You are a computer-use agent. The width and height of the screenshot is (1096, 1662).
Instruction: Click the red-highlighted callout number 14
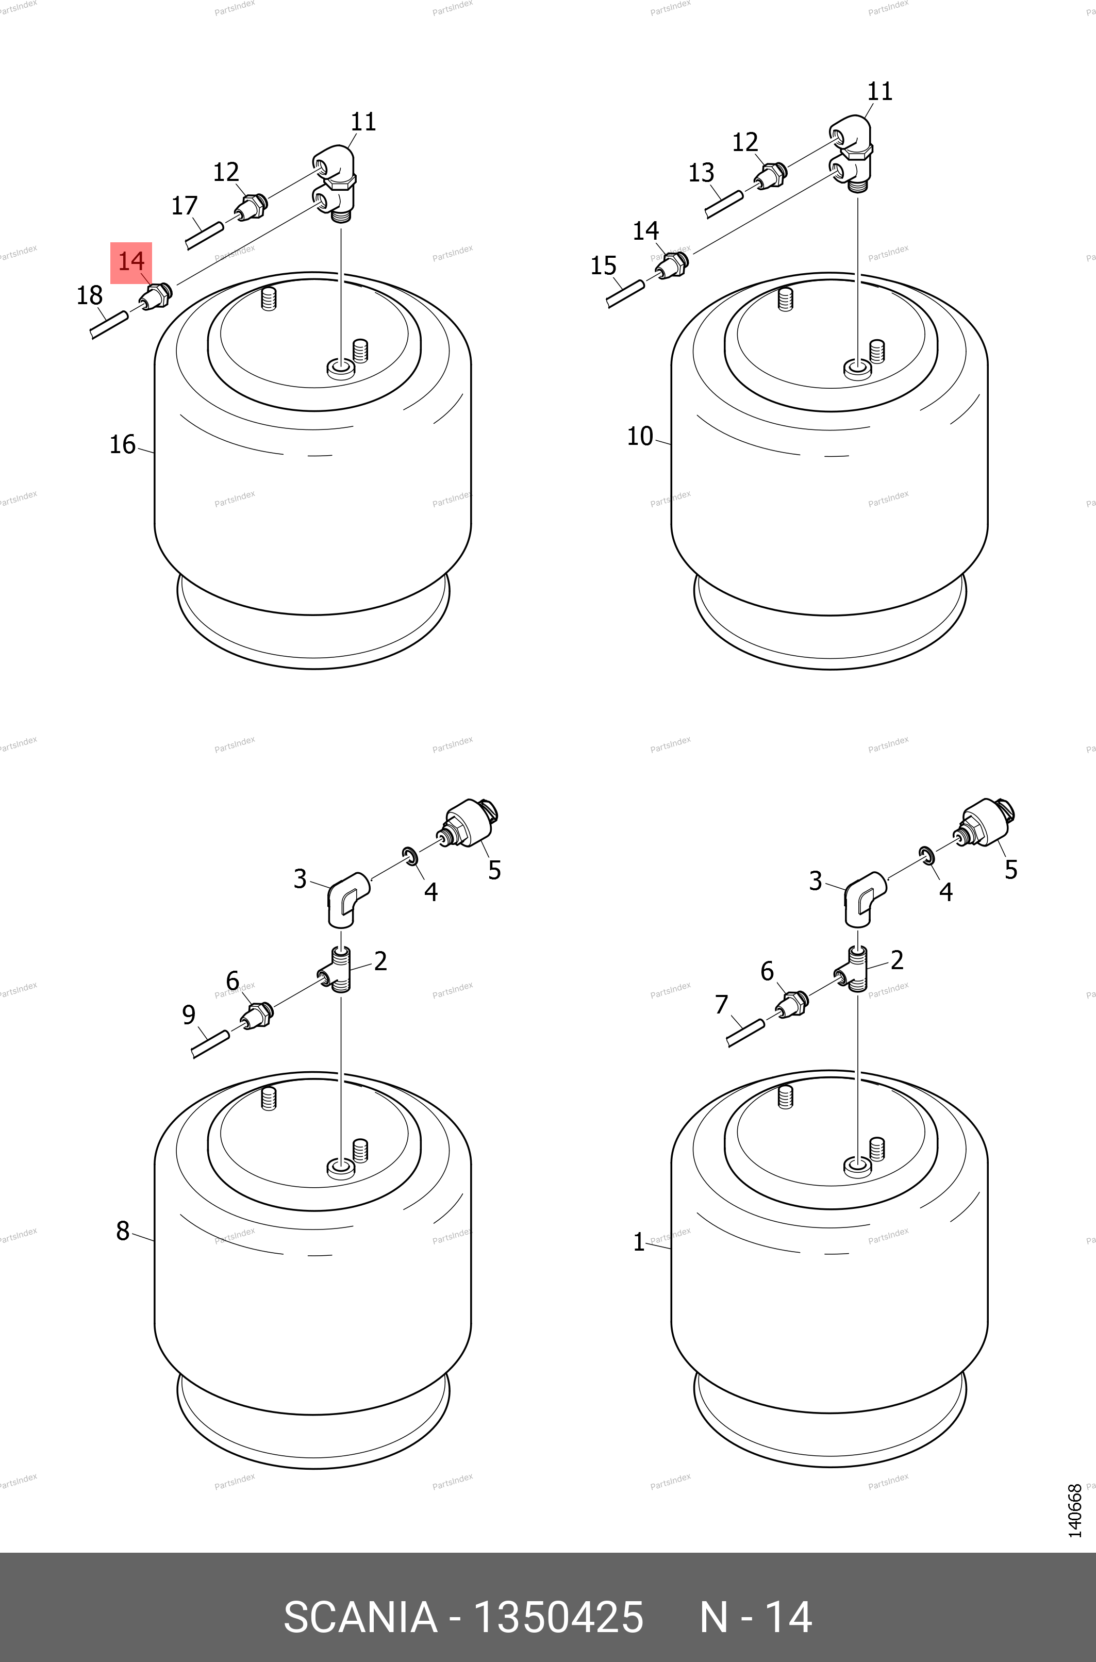131,261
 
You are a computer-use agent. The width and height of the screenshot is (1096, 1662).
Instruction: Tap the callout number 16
122,444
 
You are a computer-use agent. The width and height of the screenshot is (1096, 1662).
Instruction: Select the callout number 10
640,436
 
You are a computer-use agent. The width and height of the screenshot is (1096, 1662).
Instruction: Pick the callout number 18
90,295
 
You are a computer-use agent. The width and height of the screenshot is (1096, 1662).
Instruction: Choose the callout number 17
185,206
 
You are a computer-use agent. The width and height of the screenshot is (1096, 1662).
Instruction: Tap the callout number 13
701,172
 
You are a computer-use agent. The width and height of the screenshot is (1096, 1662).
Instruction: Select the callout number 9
189,1015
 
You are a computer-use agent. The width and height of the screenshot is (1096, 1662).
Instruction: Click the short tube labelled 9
210,1044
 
